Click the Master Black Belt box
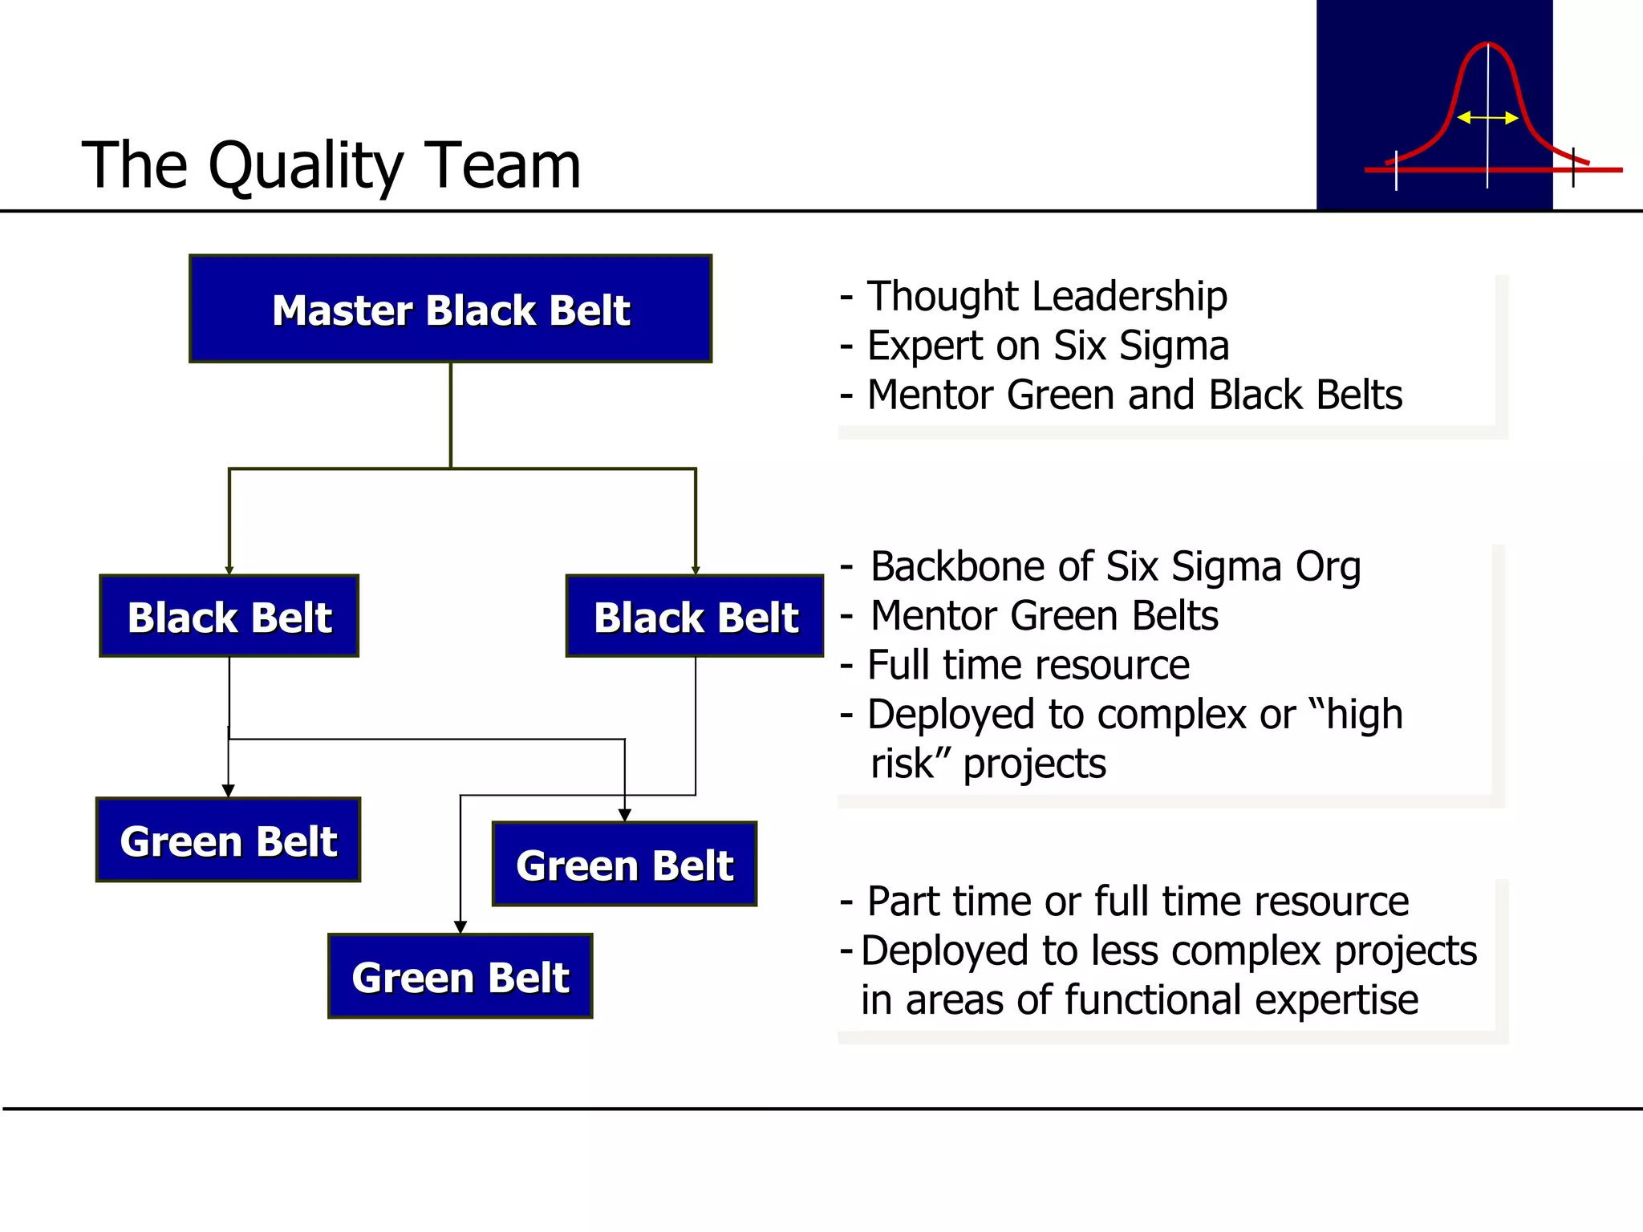[x=450, y=310]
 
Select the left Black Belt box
[x=229, y=617]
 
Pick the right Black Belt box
[x=695, y=617]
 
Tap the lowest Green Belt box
[x=460, y=977]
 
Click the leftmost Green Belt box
[x=229, y=841]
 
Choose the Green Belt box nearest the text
[x=624, y=865]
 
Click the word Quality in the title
[x=305, y=166]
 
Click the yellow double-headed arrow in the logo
[x=1487, y=118]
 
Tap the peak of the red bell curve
[x=1487, y=45]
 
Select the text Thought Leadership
[x=1047, y=296]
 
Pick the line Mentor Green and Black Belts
[x=1134, y=395]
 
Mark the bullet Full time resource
[x=1028, y=665]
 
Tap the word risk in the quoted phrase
[x=903, y=764]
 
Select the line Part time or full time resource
[x=1137, y=902]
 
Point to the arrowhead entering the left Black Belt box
[x=229, y=570]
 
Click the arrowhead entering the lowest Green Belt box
[x=460, y=927]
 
